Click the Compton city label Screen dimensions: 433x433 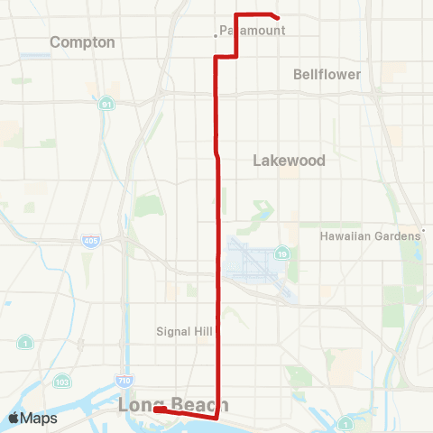pyautogui.click(x=82, y=42)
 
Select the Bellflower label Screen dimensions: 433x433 pyautogui.click(x=327, y=74)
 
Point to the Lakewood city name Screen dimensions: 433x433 pyautogui.click(x=289, y=161)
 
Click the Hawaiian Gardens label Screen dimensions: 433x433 pyautogui.click(x=370, y=235)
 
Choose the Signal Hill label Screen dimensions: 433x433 pyautogui.click(x=184, y=331)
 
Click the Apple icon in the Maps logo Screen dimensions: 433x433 pyautogui.click(x=14, y=418)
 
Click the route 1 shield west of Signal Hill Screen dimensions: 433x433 pyautogui.click(x=25, y=342)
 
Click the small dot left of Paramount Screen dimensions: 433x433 pyautogui.click(x=215, y=36)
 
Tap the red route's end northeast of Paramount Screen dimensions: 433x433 pyautogui.click(x=277, y=18)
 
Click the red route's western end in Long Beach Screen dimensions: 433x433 pyautogui.click(x=156, y=410)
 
